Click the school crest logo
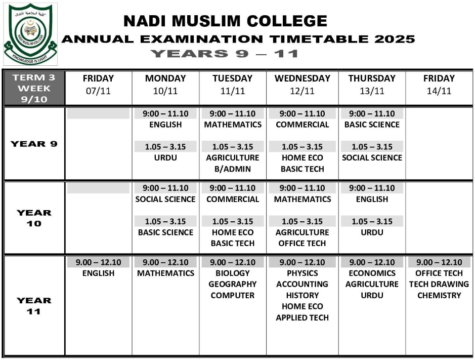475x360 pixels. point(30,34)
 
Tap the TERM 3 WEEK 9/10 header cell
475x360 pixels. point(34,88)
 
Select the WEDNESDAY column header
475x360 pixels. point(302,78)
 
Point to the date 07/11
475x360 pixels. point(98,91)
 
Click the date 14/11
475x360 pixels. point(439,91)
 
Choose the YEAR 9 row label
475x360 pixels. point(34,144)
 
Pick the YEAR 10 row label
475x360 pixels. point(34,218)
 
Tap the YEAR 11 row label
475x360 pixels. point(34,306)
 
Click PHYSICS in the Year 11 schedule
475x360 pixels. point(302,273)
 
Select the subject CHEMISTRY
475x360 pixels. point(439,296)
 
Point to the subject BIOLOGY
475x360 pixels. point(232,273)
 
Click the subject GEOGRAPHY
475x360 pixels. point(232,285)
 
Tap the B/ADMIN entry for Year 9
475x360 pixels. point(232,169)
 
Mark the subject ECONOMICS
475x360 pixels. point(372,273)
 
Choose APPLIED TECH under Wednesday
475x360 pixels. point(302,318)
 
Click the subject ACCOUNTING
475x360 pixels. point(302,285)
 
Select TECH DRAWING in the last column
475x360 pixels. point(439,285)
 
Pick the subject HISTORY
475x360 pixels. point(302,296)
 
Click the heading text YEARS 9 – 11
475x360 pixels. point(225,54)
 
